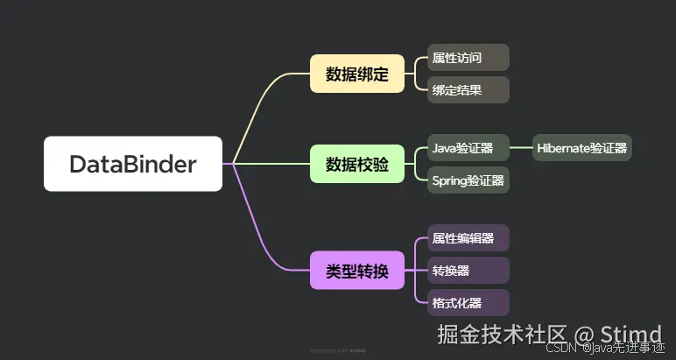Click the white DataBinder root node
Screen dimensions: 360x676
tap(133, 164)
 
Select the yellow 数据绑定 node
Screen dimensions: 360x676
tap(357, 74)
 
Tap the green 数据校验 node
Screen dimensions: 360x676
tap(357, 164)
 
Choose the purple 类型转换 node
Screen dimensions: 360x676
tap(357, 271)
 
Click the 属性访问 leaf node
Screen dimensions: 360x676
tap(468, 58)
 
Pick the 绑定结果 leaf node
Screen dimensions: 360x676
tap(468, 89)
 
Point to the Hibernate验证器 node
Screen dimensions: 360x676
tap(582, 148)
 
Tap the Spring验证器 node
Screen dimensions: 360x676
tap(468, 180)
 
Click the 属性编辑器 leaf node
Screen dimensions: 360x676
tap(468, 238)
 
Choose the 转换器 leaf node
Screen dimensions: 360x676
tap(468, 271)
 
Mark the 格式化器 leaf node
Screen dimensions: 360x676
tap(468, 303)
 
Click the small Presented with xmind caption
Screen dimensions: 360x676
tap(338, 349)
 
